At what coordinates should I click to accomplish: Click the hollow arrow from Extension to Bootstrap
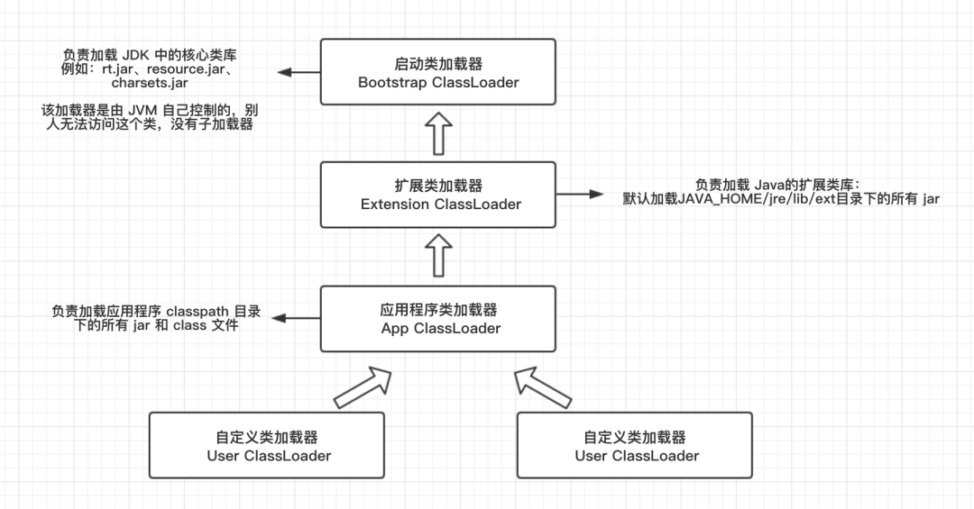click(x=438, y=133)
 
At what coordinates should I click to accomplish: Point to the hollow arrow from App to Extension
click(x=438, y=255)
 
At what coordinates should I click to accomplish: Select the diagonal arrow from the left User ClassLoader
click(x=363, y=388)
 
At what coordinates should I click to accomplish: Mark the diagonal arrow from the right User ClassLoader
click(x=543, y=388)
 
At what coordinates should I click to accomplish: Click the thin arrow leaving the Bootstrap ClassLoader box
click(x=299, y=72)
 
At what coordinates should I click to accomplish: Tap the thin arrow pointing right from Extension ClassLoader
click(x=580, y=195)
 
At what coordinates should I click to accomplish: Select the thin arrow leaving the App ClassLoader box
click(x=297, y=318)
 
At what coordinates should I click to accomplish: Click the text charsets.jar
click(x=150, y=83)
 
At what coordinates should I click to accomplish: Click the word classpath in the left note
click(x=198, y=312)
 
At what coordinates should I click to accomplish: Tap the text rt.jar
click(x=117, y=68)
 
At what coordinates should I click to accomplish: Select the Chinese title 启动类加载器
click(x=438, y=63)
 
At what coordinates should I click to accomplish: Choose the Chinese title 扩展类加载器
click(x=438, y=186)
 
